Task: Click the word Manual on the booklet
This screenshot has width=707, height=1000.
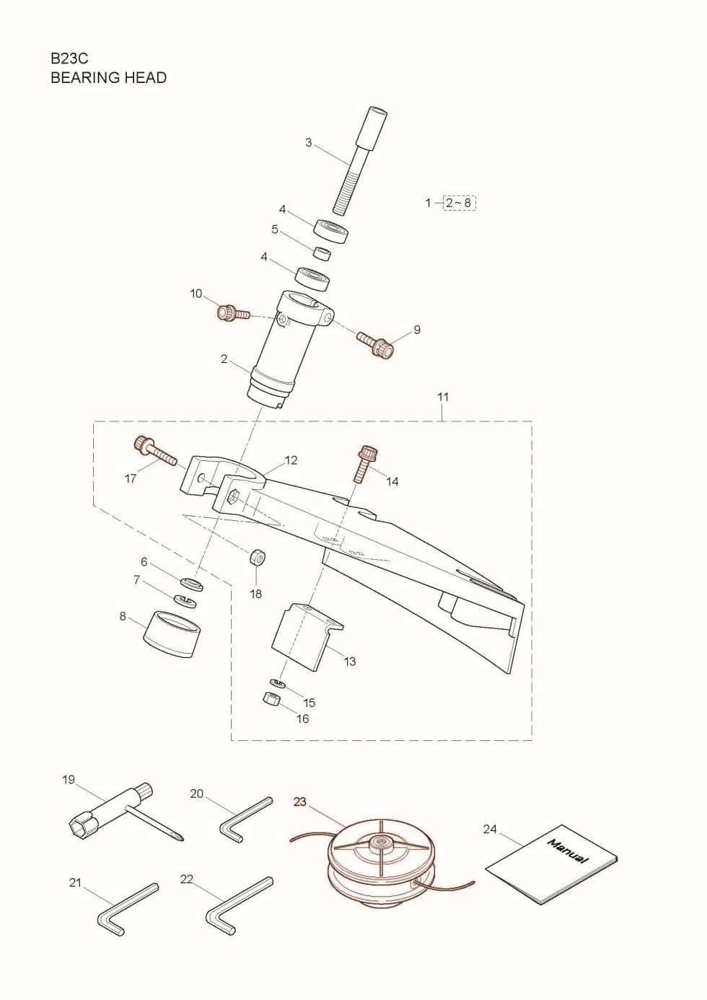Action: coord(568,852)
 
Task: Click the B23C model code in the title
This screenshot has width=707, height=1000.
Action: coord(69,58)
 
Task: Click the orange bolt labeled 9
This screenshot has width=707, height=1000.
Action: coord(378,345)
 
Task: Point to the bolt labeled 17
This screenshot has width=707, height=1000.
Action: coord(154,450)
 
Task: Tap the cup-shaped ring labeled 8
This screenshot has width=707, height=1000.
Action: coord(172,633)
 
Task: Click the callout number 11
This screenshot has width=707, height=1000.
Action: coord(443,397)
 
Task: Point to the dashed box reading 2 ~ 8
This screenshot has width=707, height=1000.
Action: coord(459,203)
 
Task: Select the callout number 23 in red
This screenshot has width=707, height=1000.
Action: coord(300,802)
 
